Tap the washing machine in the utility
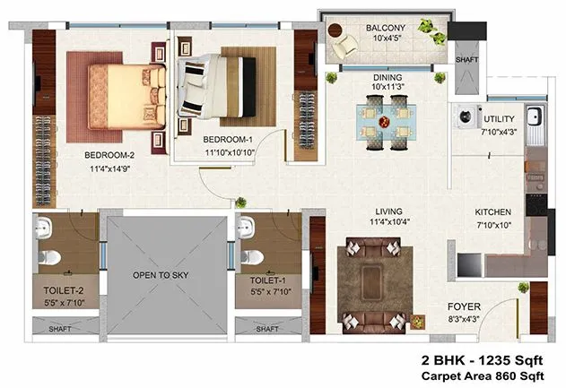tap(465, 116)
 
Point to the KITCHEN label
tap(492, 212)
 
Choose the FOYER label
tap(463, 306)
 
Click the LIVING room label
tap(387, 211)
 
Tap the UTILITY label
tap(499, 119)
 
